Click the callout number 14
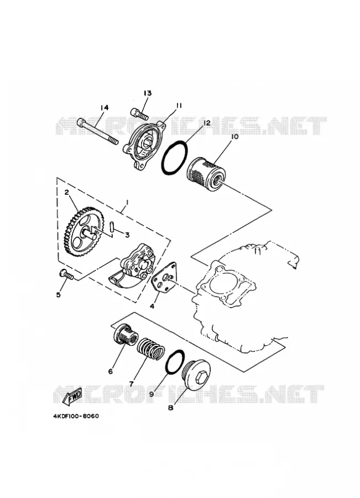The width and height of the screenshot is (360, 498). click(104, 108)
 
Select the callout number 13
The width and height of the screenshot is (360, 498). click(147, 93)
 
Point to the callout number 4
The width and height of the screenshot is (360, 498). click(152, 306)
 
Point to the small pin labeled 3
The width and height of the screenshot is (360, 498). click(112, 228)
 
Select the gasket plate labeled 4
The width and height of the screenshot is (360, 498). click(165, 278)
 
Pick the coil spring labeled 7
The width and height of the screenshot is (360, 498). click(150, 350)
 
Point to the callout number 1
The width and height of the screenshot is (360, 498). click(127, 202)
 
